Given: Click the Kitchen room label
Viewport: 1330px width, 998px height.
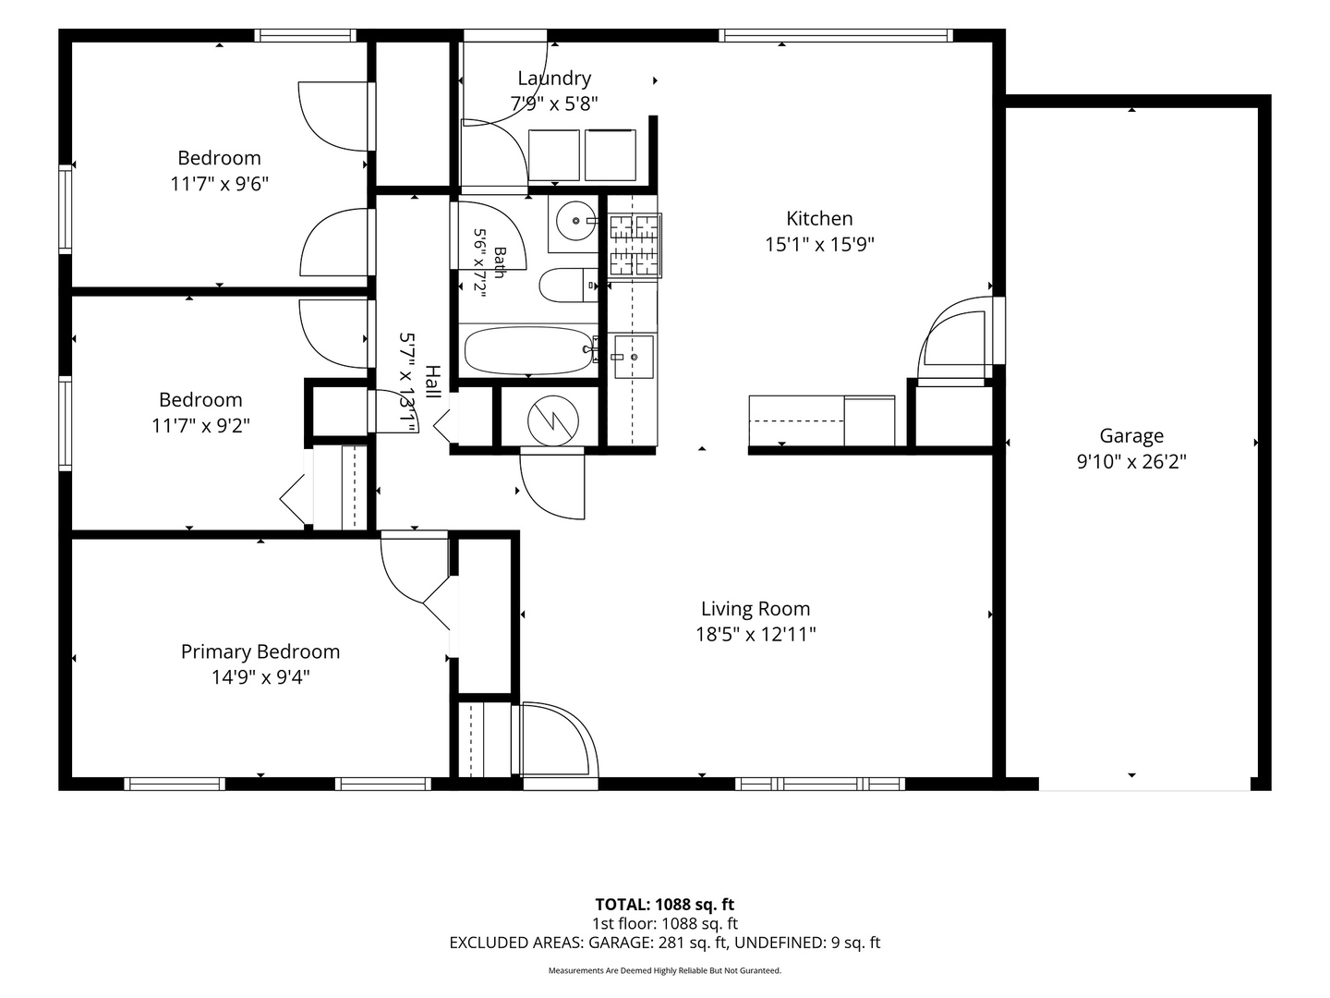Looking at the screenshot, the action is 819,218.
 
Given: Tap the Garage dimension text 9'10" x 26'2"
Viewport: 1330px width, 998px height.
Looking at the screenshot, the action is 1131,462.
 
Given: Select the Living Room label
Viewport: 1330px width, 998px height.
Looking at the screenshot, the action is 756,608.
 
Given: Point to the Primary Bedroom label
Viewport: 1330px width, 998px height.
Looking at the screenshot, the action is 260,651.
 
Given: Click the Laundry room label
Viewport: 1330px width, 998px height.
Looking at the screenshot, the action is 554,79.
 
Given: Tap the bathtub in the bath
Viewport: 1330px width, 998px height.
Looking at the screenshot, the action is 527,350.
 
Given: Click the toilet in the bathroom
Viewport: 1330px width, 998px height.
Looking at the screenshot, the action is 568,285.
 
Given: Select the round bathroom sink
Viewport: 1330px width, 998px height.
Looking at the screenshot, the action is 575,221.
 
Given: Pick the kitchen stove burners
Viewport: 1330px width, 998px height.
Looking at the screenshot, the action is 635,245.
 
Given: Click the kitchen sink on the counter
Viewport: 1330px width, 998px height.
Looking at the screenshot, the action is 634,358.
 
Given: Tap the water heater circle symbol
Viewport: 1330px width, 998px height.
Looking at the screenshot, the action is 552,420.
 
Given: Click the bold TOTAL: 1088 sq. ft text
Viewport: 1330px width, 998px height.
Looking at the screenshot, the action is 665,905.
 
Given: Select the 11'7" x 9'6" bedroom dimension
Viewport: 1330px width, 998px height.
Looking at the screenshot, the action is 219,184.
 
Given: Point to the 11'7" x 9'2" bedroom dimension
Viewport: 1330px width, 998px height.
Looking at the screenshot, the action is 200,425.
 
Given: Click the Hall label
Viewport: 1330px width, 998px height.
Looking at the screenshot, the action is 432,381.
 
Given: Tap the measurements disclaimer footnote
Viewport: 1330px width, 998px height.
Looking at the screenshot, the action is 665,970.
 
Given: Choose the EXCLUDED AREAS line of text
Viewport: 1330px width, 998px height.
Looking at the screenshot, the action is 665,943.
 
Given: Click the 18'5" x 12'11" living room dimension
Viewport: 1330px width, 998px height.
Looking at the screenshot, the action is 756,635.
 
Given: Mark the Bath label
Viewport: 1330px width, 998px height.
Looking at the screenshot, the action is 500,262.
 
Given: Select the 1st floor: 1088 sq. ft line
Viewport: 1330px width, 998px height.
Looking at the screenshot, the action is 665,923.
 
